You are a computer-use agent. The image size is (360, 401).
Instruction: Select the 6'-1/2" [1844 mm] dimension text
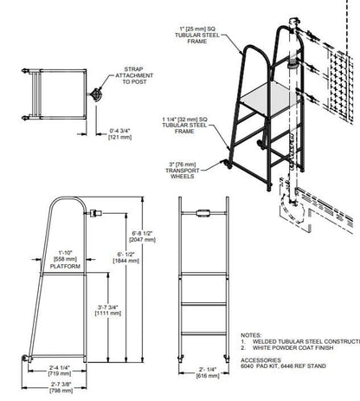[x=127, y=257]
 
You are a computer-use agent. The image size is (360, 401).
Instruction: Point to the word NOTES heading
[x=250, y=333]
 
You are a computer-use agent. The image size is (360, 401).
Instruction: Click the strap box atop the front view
[x=203, y=211]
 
